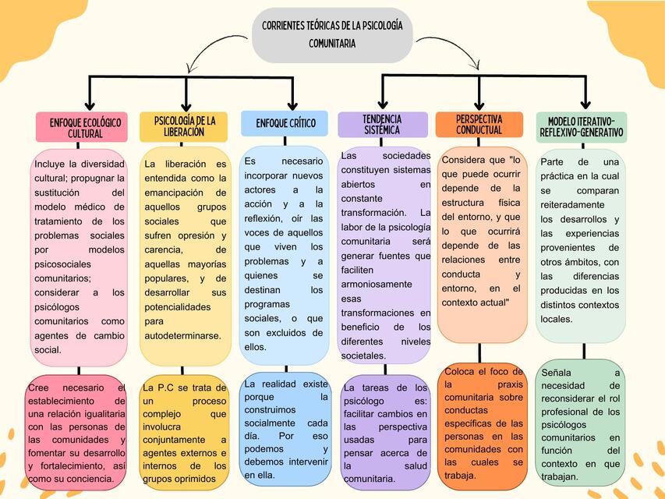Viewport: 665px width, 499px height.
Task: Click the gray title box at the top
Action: (332, 35)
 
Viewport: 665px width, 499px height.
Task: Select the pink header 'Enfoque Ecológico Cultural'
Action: (82, 127)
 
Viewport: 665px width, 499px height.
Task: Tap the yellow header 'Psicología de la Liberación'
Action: (184, 126)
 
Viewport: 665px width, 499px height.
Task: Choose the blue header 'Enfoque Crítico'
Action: (285, 123)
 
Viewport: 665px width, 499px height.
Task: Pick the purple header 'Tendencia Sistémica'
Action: (383, 124)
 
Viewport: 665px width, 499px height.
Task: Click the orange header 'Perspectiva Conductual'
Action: (479, 124)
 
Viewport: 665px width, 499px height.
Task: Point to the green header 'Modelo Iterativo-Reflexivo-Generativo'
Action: (582, 127)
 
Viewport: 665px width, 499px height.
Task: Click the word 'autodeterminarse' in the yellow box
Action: (182, 335)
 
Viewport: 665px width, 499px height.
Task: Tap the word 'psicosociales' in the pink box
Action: (63, 264)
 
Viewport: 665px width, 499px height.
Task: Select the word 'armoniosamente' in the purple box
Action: (377, 285)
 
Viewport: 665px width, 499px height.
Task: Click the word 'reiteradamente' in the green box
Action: (572, 205)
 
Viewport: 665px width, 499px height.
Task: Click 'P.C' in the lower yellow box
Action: (166, 388)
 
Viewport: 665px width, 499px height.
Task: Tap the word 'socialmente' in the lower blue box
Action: (269, 423)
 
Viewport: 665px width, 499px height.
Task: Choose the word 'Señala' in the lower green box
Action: (556, 373)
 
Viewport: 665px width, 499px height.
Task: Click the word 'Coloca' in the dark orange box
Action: (459, 372)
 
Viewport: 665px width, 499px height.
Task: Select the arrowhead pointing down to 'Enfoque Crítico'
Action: (292, 106)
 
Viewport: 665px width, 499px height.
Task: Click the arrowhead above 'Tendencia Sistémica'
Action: (383, 104)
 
